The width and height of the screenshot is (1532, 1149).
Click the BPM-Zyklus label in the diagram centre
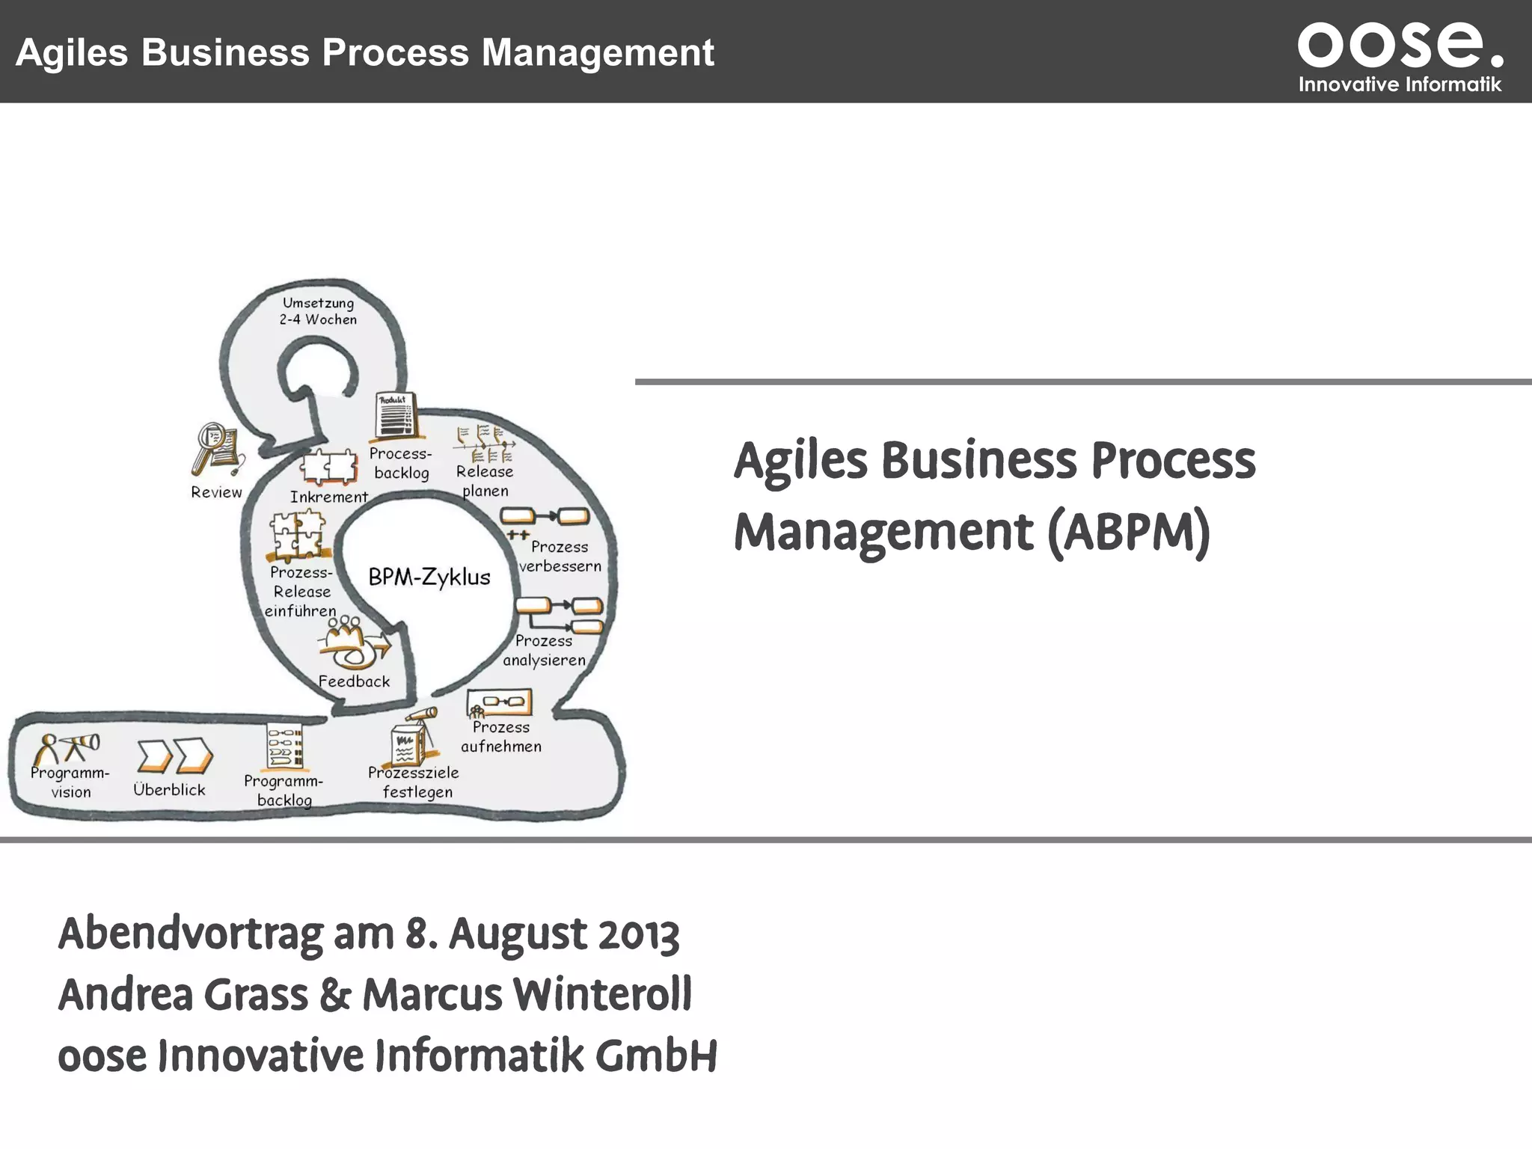click(x=429, y=577)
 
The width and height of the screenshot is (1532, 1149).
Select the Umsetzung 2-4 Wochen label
click(x=318, y=311)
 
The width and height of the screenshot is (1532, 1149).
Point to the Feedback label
click(x=354, y=681)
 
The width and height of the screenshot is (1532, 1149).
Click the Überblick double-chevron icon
click(x=175, y=756)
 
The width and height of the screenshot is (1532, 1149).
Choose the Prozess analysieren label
click(x=544, y=651)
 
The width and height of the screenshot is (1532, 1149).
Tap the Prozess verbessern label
click(x=560, y=557)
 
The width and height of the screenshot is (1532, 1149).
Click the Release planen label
click(x=485, y=481)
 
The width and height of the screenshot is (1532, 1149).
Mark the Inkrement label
click(x=329, y=497)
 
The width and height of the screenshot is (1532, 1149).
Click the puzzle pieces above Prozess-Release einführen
click(x=298, y=535)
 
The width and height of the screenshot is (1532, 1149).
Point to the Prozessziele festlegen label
click(x=414, y=782)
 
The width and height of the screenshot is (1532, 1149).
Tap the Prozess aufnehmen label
click(x=501, y=737)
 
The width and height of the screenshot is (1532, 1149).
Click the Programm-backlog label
click(x=284, y=791)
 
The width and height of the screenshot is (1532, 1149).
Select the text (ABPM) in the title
click(x=1129, y=533)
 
